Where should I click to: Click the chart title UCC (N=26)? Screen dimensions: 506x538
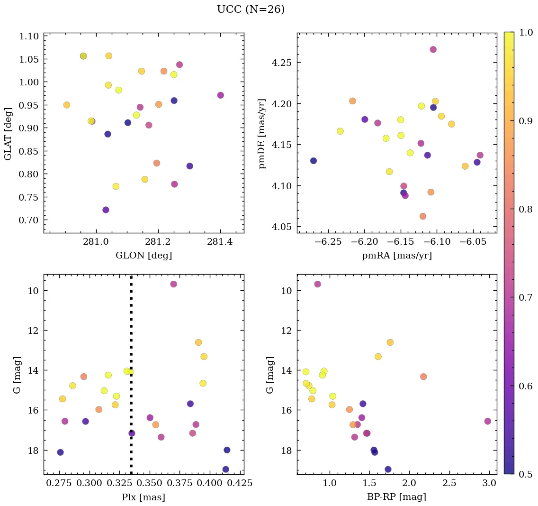point(251,9)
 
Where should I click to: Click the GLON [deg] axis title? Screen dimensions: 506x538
point(143,256)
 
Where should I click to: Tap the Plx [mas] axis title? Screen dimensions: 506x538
point(143,497)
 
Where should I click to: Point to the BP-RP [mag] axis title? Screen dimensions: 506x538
point(396,497)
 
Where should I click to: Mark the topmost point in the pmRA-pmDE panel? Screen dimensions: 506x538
point(433,49)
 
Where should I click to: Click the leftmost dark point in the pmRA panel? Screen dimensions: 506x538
point(314,161)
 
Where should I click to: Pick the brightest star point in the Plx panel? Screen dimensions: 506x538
point(173,284)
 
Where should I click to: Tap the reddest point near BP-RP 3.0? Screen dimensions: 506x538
point(488,421)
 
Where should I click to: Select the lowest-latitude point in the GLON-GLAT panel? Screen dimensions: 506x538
point(106,210)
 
